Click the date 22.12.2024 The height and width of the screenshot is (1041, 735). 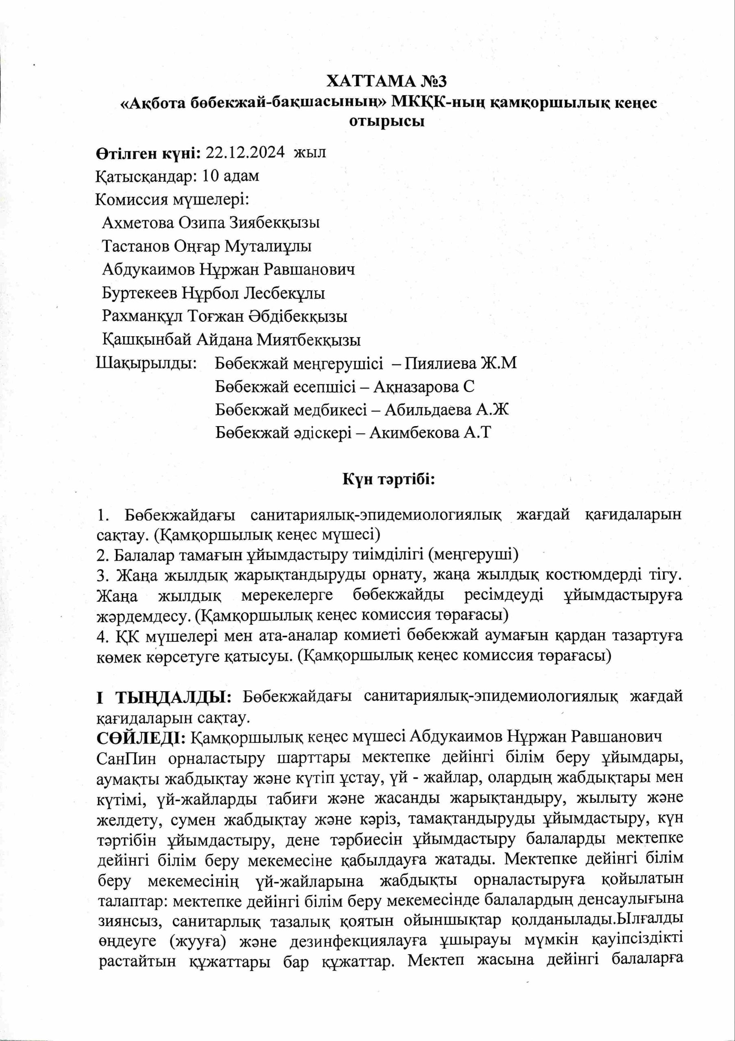[245, 153]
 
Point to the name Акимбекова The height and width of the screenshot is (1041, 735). [412, 433]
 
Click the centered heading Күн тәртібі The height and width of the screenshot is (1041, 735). [388, 480]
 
